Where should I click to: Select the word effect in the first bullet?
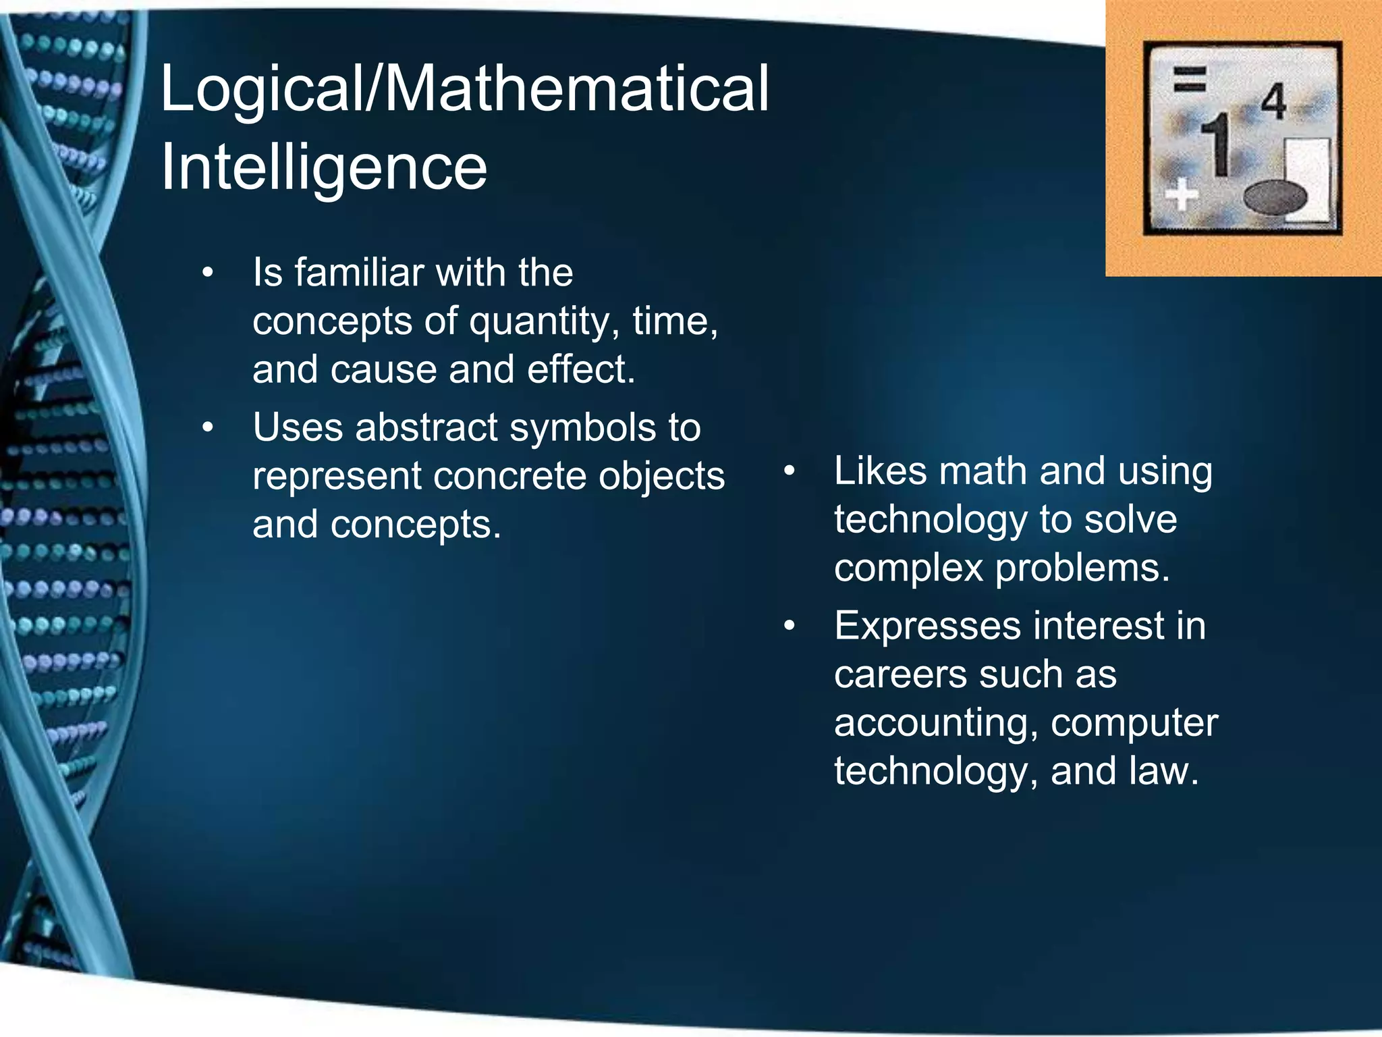(580, 370)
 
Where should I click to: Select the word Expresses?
(928, 627)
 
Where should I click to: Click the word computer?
(1134, 724)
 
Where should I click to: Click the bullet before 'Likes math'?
(790, 472)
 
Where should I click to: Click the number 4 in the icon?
(1273, 103)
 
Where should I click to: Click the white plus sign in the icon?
(1182, 196)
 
